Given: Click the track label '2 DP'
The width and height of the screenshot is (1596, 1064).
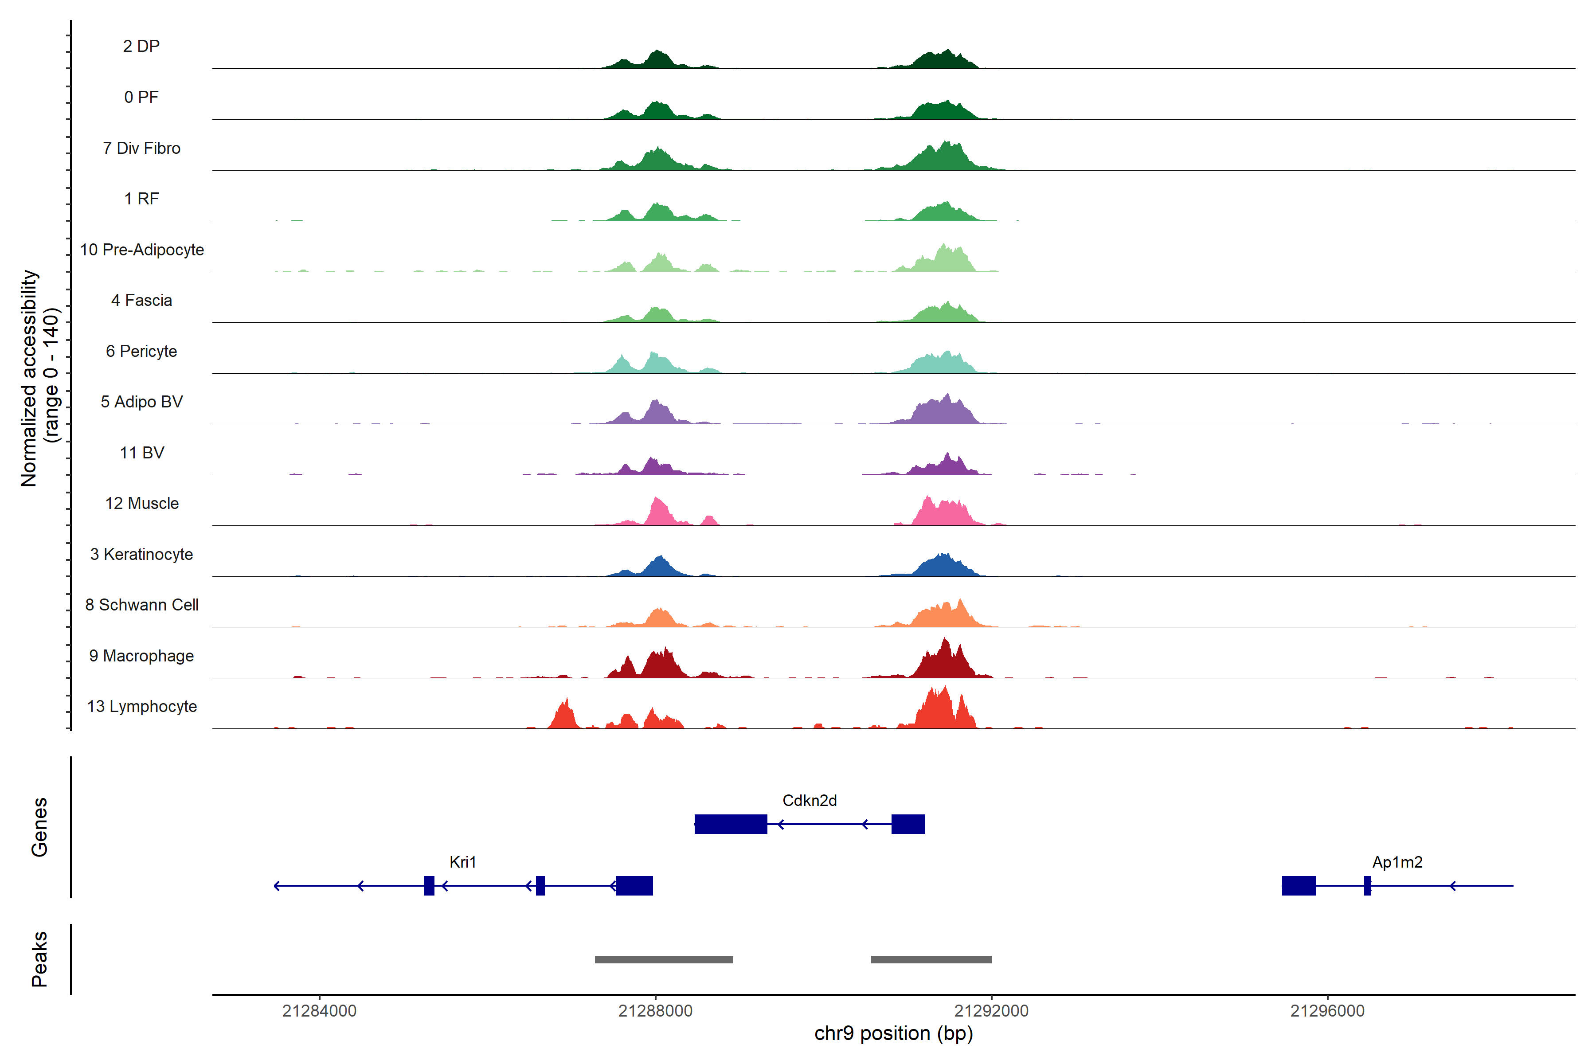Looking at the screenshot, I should tap(141, 46).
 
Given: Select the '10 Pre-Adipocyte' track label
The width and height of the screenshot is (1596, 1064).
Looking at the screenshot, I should tap(142, 250).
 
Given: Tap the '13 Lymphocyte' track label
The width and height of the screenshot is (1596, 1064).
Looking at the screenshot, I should tap(142, 706).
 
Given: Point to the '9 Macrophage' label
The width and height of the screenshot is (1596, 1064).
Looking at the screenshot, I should tap(141, 656).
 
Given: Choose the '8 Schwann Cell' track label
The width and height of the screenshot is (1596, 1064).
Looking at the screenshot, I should tap(142, 605).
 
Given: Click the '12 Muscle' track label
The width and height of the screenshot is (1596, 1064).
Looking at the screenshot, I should tap(142, 504).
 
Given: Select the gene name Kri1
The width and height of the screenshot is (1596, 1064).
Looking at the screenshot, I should tap(463, 862).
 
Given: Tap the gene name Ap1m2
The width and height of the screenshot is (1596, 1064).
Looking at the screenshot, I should tap(1397, 862).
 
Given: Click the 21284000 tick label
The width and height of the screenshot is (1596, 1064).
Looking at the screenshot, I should tap(319, 1011).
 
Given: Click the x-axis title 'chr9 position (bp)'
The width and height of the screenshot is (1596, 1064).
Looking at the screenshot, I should tap(893, 1033).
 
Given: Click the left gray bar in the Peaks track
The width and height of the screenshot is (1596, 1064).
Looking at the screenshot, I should tap(664, 959).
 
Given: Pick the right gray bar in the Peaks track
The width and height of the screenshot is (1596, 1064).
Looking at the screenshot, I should tap(931, 959).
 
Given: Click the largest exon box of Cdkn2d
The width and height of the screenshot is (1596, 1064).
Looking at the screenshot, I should tap(731, 824).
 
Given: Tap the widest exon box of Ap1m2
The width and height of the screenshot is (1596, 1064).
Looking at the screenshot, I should tap(1298, 885).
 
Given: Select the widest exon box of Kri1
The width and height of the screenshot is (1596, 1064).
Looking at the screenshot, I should tap(634, 885).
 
